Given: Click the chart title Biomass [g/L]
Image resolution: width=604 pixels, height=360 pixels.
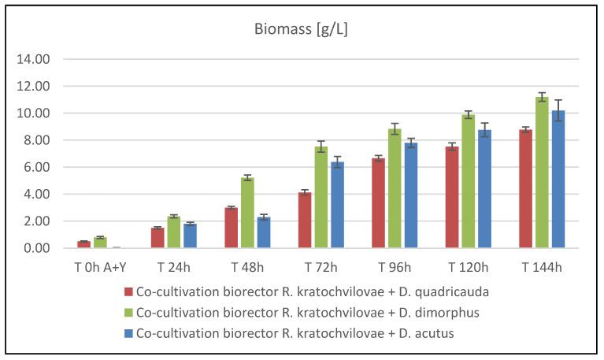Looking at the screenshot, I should [x=302, y=30].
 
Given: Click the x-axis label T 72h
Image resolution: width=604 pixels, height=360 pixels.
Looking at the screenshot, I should [x=321, y=266].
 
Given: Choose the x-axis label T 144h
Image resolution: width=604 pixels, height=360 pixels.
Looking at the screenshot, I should [x=542, y=266].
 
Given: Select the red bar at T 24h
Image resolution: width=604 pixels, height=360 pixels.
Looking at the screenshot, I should [x=157, y=238].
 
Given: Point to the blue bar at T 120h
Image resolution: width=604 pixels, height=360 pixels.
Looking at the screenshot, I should [x=484, y=189].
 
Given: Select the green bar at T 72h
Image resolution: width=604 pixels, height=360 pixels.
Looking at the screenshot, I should [x=321, y=197].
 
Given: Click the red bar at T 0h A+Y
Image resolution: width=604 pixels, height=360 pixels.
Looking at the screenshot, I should [x=83, y=244].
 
